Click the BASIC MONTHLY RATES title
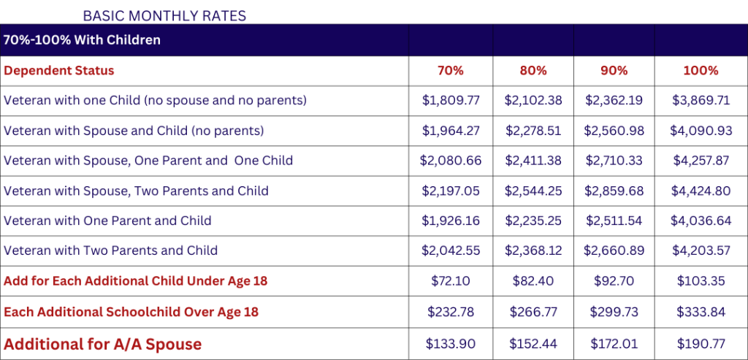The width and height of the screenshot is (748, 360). click(x=164, y=15)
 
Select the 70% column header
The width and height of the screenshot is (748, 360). click(x=451, y=71)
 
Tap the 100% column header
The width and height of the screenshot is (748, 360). click(x=701, y=71)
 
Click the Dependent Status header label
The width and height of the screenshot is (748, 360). click(x=59, y=71)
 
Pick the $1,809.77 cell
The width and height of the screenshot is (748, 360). click(x=451, y=101)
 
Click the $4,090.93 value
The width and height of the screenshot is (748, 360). click(x=701, y=131)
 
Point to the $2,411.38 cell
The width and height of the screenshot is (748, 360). click(x=533, y=161)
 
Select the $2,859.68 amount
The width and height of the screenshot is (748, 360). click(x=614, y=191)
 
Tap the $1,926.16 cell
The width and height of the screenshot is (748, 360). click(x=451, y=221)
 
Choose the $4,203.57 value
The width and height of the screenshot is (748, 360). click(x=701, y=250)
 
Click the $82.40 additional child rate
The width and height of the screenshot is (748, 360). click(x=533, y=281)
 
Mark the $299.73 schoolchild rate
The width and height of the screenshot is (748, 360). click(x=614, y=312)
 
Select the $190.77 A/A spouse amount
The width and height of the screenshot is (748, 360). click(x=701, y=343)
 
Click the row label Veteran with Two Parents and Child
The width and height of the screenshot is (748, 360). click(x=111, y=250)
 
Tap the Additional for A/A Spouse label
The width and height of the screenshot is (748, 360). click(x=102, y=343)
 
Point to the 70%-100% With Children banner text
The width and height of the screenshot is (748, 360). click(x=82, y=39)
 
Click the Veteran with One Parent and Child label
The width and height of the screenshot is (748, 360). click(x=107, y=221)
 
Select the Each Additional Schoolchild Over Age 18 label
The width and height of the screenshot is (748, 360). click(x=131, y=312)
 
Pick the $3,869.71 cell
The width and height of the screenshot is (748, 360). click(x=701, y=101)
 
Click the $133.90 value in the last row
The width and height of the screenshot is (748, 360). click(x=451, y=343)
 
